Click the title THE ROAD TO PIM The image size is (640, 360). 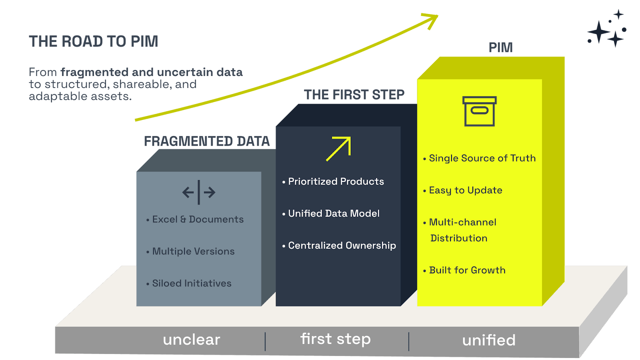point(93,41)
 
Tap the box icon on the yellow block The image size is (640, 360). point(479,111)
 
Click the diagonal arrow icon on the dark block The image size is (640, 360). point(339,149)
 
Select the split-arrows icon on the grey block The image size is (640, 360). point(199,192)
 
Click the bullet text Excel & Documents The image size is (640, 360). point(198,219)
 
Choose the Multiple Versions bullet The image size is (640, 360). point(193,251)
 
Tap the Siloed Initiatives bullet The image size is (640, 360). point(192,283)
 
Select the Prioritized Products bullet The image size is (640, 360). point(336,182)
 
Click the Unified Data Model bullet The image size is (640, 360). point(334,214)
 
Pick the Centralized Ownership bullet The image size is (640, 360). point(342,246)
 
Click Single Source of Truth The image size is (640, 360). point(482,158)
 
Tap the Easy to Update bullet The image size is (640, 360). point(465,190)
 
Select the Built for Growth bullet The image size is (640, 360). point(467,270)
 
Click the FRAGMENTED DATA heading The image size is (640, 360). point(206,141)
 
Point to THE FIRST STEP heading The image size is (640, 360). point(354,95)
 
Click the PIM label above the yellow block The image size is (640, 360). point(500,48)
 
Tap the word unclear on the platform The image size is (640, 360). point(191,340)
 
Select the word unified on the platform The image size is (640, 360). point(489,340)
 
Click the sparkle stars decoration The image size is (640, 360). point(607,29)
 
